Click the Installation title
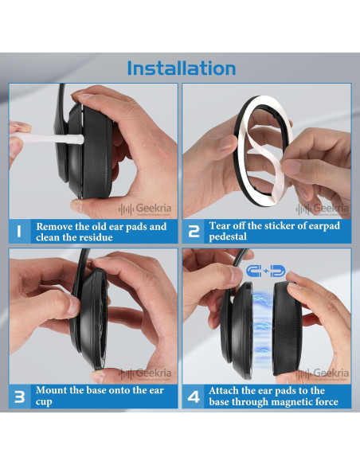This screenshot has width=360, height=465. coord(182,68)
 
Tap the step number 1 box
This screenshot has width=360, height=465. coord(20,232)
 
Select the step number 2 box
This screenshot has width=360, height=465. coord(194,232)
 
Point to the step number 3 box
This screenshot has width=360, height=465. coord(20,397)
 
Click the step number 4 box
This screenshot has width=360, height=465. coord(194,397)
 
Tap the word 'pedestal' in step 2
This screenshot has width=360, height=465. coord(228,237)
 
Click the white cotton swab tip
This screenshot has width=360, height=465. coord(75,139)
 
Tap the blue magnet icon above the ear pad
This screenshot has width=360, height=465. coord(266,271)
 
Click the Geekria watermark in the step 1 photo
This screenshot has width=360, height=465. coord(145,209)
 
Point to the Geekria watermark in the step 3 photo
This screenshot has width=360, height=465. coord(145,373)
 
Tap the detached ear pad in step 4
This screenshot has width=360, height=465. coord(287,330)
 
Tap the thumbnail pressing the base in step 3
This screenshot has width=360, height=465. coord(72,305)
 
